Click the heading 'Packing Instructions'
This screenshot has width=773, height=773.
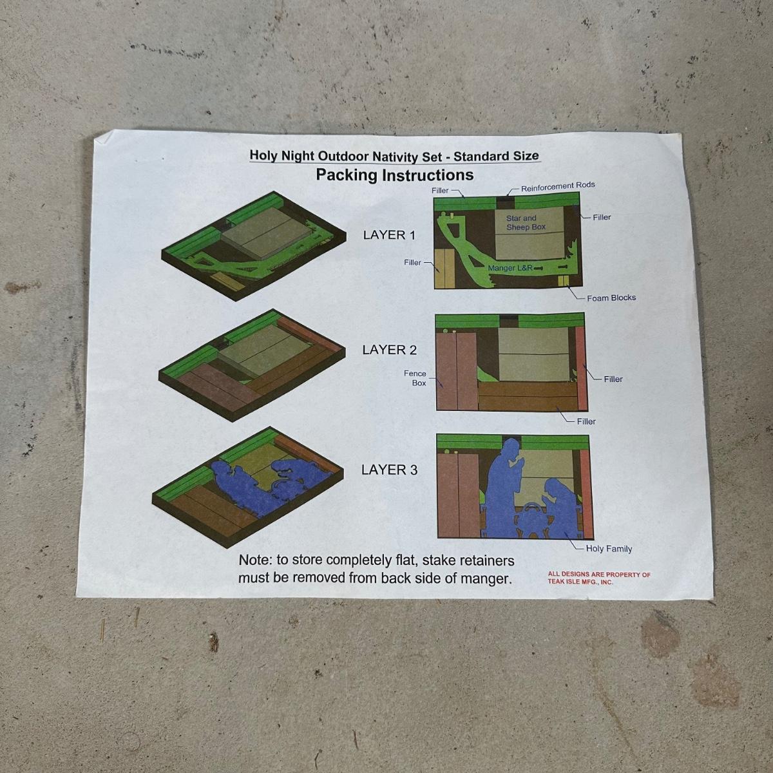395,175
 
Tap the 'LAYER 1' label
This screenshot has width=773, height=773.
389,235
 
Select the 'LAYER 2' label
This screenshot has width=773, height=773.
389,350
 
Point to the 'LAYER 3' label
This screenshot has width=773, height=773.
389,470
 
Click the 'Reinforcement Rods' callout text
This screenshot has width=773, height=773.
558,187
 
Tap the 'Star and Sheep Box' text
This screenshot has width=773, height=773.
526,223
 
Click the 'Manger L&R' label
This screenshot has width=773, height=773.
510,267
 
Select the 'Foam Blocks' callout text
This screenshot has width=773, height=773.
611,298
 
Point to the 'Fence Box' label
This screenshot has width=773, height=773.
415,378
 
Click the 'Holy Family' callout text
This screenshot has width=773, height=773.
609,549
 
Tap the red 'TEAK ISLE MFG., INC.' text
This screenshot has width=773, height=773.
580,582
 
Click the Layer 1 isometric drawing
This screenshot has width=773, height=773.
254,245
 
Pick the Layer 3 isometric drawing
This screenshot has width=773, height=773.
248,487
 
